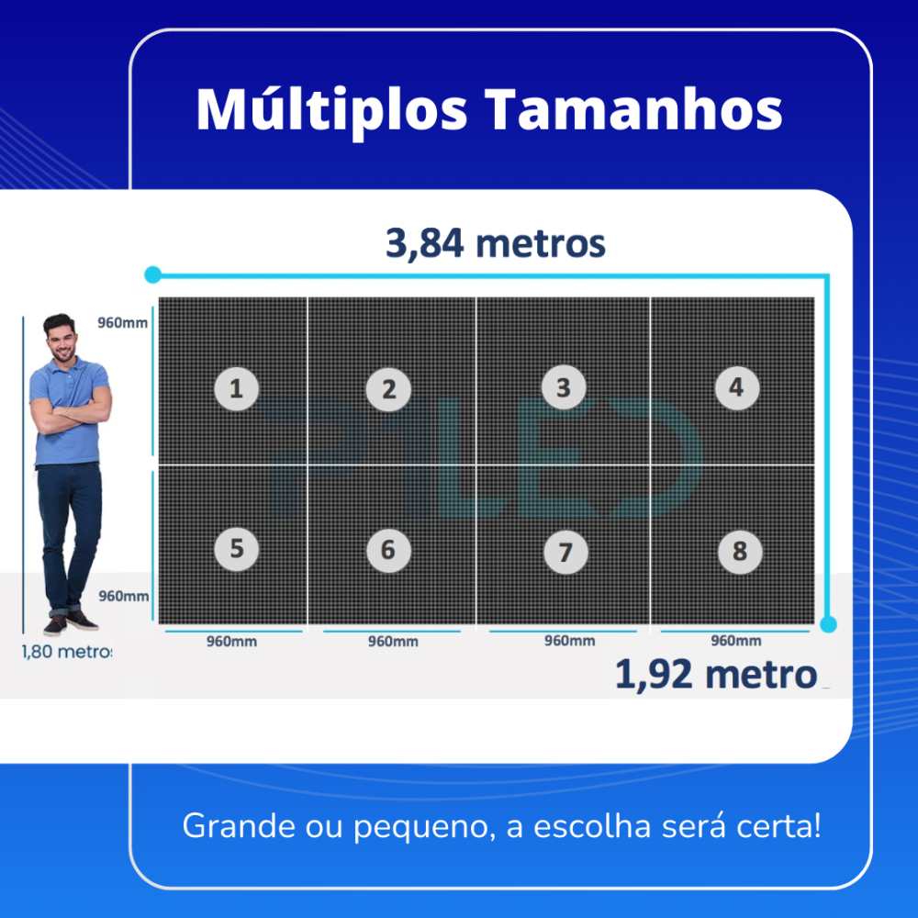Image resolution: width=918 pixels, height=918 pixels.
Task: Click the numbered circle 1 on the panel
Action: [236, 388]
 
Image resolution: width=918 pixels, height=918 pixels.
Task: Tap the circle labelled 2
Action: [388, 389]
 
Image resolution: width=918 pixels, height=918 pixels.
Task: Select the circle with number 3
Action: [563, 386]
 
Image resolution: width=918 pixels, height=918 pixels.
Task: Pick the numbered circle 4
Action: [736, 387]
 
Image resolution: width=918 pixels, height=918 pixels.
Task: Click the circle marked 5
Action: [236, 548]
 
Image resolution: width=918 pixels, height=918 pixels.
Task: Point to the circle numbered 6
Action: [387, 550]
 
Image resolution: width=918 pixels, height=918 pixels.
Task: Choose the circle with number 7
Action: [565, 552]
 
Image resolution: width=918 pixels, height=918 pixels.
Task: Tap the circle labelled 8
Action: [739, 552]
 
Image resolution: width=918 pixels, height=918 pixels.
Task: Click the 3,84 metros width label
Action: [496, 244]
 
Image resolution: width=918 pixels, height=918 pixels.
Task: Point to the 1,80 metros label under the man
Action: [66, 653]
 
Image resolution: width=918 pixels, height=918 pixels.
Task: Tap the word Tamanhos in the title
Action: [633, 110]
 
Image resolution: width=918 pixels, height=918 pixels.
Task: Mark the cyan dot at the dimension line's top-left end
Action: [152, 274]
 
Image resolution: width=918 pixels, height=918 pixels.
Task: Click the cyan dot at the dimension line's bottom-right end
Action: [828, 624]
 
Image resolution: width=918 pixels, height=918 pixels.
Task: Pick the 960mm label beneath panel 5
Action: [231, 642]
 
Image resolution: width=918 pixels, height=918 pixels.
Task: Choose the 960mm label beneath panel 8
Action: [735, 641]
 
